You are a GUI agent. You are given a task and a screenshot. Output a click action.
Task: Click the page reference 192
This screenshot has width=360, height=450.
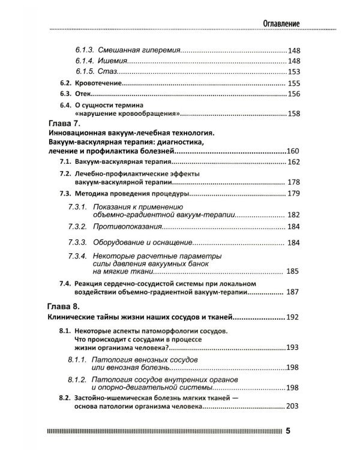[x=292, y=317]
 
